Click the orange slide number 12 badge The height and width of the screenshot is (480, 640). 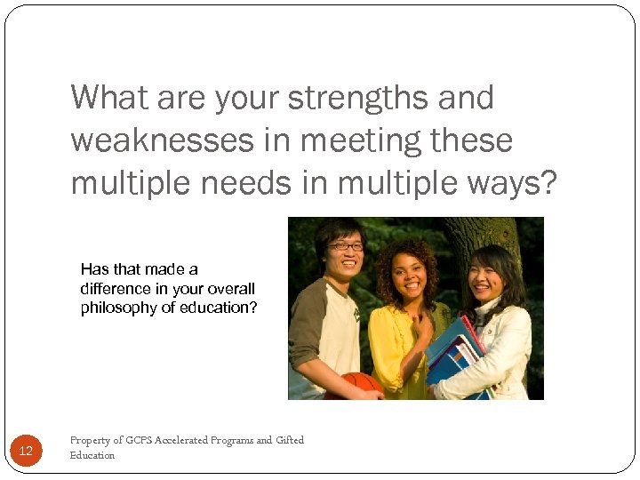coord(26,452)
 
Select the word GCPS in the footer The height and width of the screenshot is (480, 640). coord(140,440)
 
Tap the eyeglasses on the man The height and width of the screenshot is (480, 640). coord(345,246)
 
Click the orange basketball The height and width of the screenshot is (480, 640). coord(362,384)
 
